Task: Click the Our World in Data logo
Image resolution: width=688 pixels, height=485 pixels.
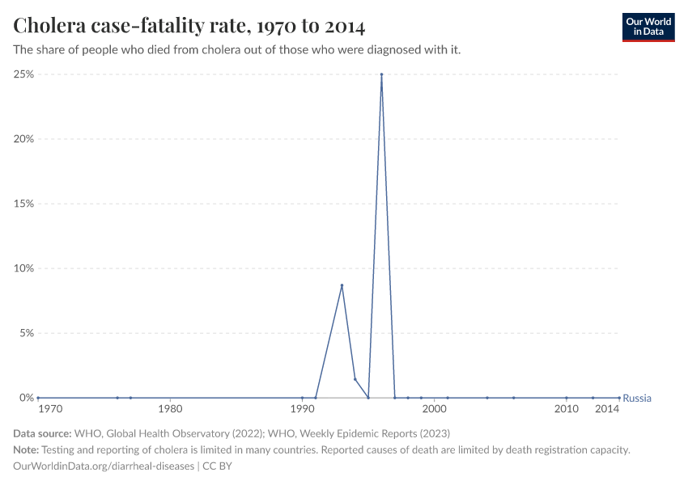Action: [648, 27]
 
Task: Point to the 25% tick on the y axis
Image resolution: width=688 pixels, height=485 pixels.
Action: [23, 74]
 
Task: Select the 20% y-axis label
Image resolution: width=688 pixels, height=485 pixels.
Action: [23, 139]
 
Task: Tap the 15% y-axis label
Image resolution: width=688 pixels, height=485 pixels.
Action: [23, 204]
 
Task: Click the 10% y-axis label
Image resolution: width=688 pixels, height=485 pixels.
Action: [23, 268]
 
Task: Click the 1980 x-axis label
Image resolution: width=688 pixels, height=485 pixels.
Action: [170, 411]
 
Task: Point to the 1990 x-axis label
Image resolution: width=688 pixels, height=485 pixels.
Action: [302, 411]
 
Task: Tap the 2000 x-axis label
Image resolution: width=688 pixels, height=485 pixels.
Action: [435, 411]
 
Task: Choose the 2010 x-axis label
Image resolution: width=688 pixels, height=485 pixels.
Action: [567, 411]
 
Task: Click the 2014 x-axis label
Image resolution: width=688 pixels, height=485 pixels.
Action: [607, 411]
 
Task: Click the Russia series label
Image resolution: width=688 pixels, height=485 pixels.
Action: [637, 398]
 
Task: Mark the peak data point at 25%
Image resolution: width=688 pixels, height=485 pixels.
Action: [381, 74]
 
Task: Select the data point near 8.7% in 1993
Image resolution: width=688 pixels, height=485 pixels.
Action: [342, 285]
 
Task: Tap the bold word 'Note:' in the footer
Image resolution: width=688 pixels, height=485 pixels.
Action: [26, 449]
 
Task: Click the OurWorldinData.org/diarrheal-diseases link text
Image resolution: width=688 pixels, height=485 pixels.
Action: [104, 466]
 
